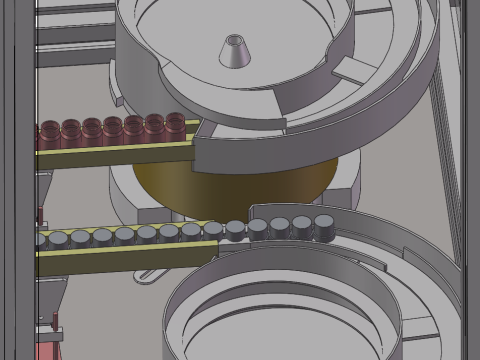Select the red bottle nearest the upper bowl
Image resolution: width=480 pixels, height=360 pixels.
[x=175, y=128]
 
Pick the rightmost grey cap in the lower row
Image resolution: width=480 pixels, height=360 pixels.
[x=324, y=226]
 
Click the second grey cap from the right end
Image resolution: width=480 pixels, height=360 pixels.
[x=302, y=227]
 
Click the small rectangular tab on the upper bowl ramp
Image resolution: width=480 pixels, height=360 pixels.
[x=351, y=69]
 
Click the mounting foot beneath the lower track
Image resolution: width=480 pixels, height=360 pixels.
[x=150, y=272]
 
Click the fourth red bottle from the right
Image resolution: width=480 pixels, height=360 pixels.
[x=113, y=131]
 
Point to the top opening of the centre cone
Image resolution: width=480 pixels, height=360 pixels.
[x=235, y=40]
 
